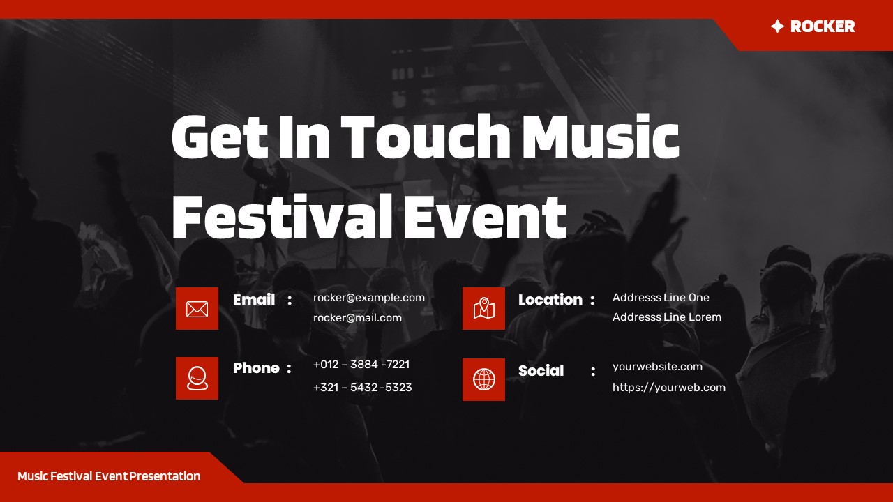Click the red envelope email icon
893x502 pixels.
coord(197,308)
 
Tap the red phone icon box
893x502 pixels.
coord(197,378)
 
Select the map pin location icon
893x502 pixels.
coord(483,308)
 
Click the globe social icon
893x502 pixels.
coord(483,379)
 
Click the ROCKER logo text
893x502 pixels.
coord(822,26)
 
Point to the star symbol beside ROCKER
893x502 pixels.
coord(777,26)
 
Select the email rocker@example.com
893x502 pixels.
coord(368,298)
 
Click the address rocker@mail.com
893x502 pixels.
coord(357,318)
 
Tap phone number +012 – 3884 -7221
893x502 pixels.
coord(361,365)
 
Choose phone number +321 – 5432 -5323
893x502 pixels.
coord(362,388)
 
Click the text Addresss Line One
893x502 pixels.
coord(661,298)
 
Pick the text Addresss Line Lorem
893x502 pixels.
coord(666,317)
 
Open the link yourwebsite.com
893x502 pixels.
coord(657,367)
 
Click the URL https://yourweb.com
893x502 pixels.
coord(668,388)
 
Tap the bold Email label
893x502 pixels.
coord(254,300)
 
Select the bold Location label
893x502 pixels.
coord(550,300)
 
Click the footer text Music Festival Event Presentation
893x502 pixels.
coord(109,476)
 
